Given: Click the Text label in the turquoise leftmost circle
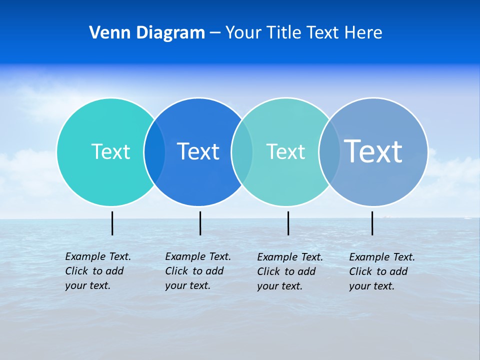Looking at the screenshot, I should click(110, 151).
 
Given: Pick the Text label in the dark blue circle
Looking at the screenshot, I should click(198, 151).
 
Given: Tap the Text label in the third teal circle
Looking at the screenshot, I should click(285, 151).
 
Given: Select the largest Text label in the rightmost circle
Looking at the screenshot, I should click(373, 151).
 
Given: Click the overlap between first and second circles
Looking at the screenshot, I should click(154, 151).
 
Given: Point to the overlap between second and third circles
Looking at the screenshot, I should click(242, 151).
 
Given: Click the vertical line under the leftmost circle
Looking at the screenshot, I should click(112, 223).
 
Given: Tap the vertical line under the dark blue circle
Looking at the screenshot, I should click(200, 223).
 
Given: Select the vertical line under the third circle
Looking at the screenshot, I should click(288, 223).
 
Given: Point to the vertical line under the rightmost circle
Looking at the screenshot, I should click(372, 223).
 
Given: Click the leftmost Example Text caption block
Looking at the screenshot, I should click(98, 271).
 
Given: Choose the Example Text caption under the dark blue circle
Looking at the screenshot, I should click(198, 271).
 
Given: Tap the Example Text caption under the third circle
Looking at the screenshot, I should click(290, 271).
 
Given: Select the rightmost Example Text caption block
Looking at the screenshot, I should click(382, 271).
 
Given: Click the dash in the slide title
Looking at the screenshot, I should click(215, 33).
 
